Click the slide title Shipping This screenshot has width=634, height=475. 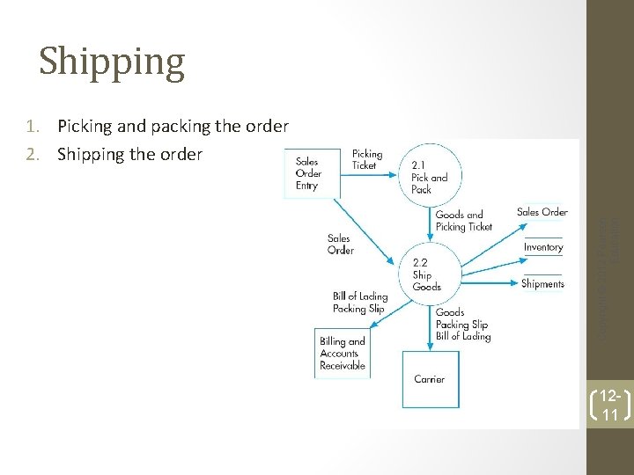coord(112,62)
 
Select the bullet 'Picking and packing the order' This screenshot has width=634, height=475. coord(173,126)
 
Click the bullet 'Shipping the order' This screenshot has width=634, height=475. coord(129,155)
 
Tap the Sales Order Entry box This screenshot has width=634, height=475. coord(308,173)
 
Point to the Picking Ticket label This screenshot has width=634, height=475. coord(366,159)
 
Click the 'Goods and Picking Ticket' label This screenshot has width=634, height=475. coord(463,221)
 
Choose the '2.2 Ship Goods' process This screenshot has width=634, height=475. coord(426,274)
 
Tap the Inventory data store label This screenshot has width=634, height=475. coord(542,247)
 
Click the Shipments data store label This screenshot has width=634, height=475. coord(542,283)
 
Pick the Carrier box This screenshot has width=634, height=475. coord(429,379)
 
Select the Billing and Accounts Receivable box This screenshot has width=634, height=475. coord(343,353)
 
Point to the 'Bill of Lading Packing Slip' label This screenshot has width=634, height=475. coord(359,303)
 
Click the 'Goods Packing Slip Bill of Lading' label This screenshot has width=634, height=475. coord(462,324)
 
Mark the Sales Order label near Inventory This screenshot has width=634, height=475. coord(542,212)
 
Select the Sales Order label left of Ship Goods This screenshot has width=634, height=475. coord(340,244)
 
